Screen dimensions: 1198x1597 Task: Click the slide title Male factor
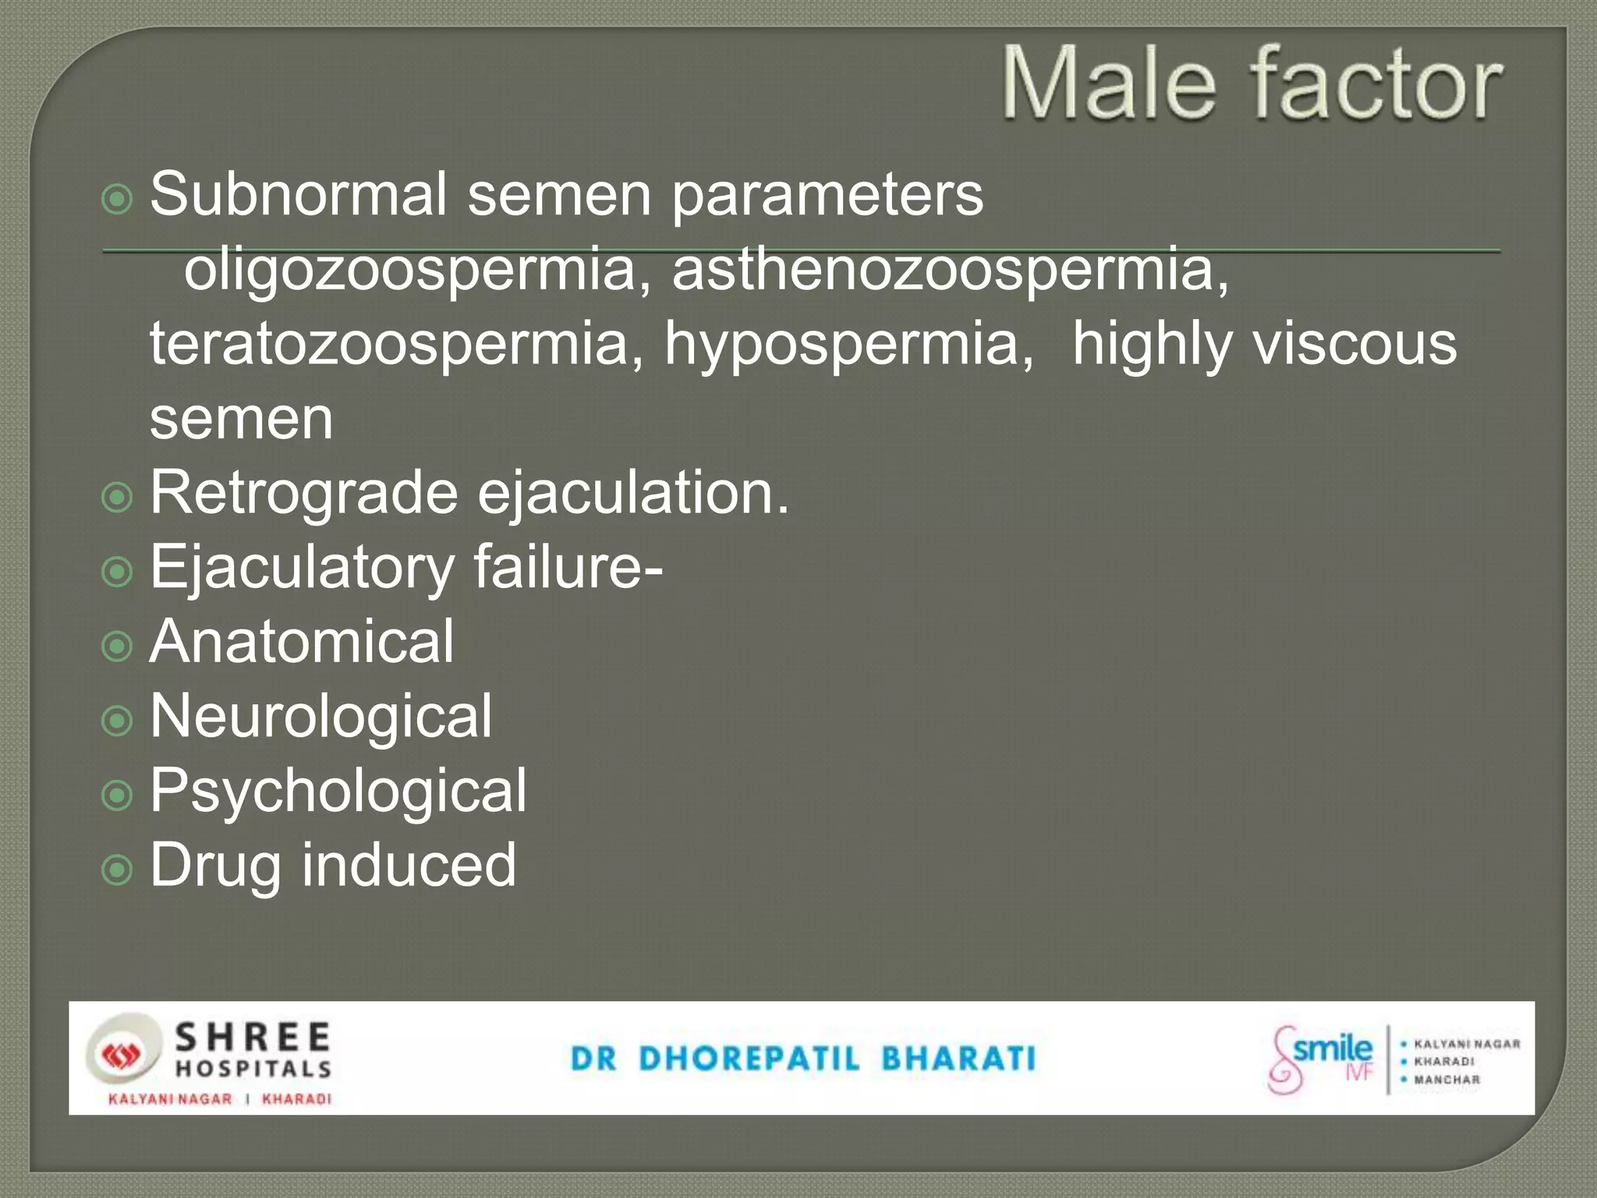[1252, 83]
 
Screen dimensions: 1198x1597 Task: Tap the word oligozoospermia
[409, 269]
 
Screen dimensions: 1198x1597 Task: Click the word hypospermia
[848, 345]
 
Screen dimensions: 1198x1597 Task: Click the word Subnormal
[299, 194]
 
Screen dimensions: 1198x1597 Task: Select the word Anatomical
[302, 641]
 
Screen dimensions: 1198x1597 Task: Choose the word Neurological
[320, 716]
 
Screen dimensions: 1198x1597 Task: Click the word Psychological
[338, 791]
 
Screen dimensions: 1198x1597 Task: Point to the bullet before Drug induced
[117, 868]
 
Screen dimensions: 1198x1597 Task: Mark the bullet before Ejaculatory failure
[117, 572]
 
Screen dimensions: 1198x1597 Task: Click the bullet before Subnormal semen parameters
[117, 200]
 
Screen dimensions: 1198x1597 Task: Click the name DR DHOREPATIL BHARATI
[802, 1059]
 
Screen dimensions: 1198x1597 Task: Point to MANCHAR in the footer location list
[1447, 1080]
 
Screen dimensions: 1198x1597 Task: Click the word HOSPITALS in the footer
[253, 1069]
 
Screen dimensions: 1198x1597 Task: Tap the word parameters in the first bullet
[827, 196]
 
